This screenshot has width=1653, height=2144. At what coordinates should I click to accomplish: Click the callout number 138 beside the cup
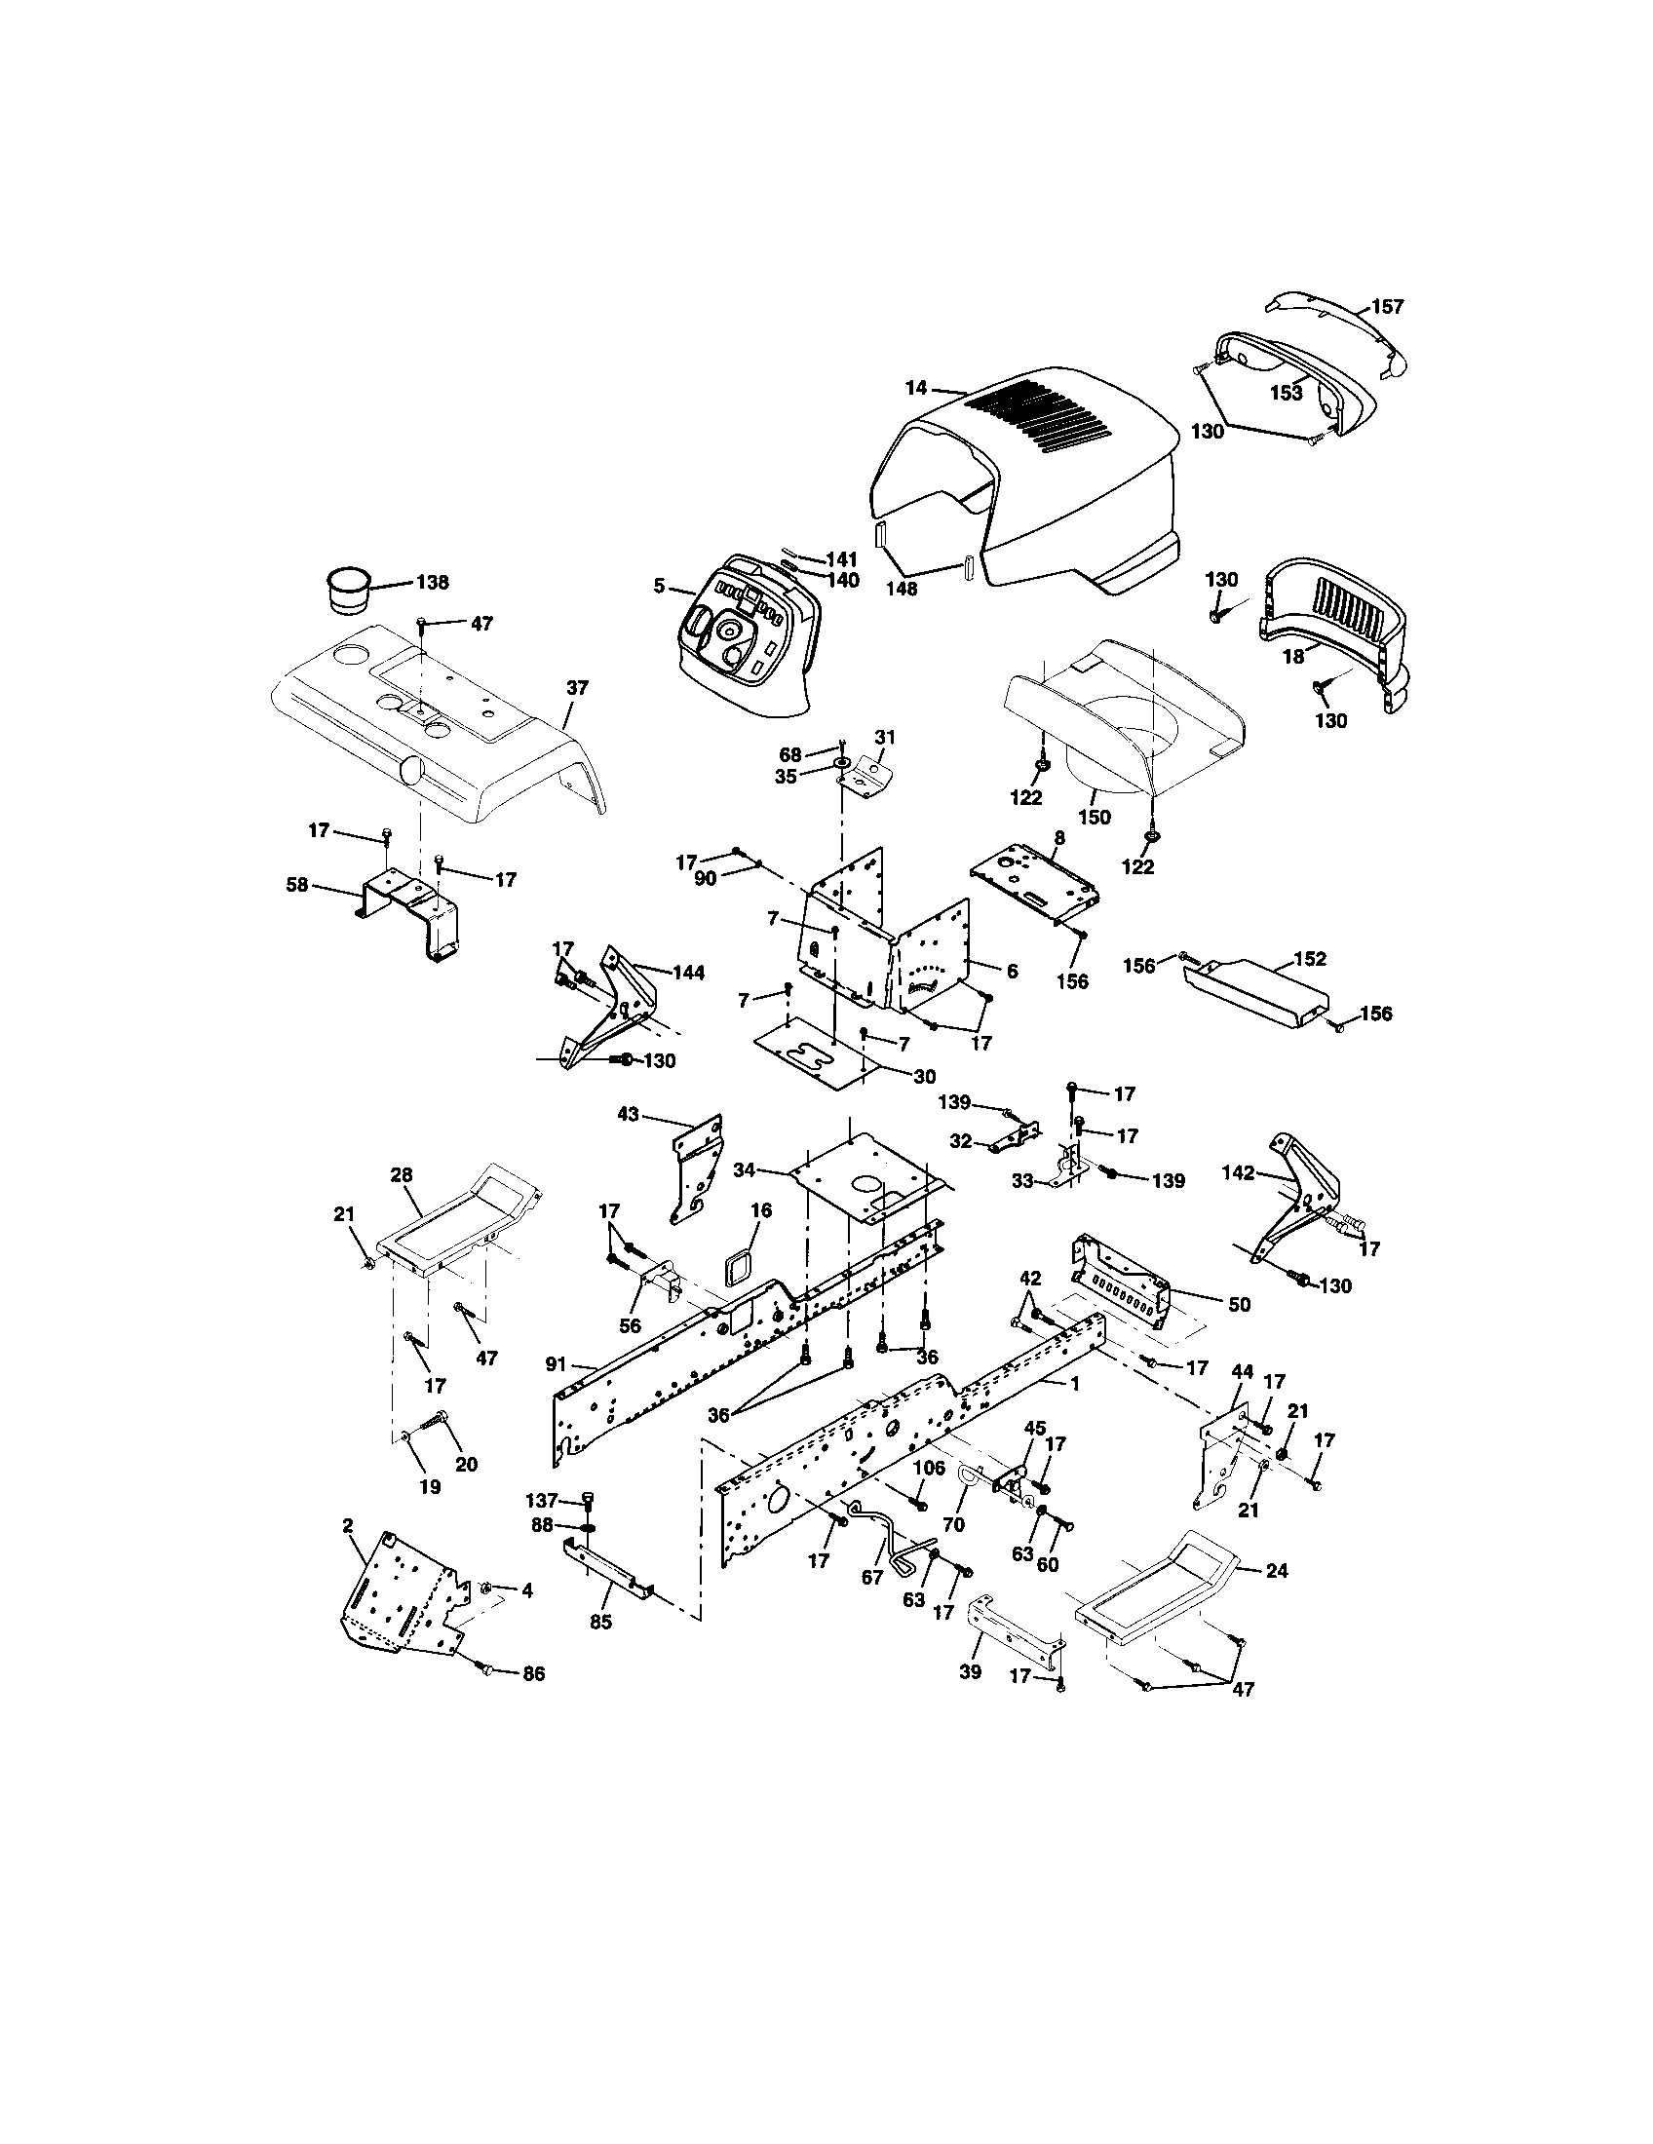(x=432, y=582)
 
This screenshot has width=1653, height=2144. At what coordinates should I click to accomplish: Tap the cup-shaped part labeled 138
(x=348, y=590)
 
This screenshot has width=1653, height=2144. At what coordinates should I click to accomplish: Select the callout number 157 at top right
(x=1387, y=306)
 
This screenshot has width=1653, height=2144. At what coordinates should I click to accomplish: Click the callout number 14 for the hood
(x=915, y=388)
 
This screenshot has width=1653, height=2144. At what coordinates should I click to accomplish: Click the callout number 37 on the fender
(x=577, y=688)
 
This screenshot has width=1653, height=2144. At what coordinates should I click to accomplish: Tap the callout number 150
(x=1094, y=817)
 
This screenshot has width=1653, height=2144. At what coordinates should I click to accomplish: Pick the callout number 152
(x=1311, y=958)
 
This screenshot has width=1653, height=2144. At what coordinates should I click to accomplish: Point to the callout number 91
(x=556, y=1362)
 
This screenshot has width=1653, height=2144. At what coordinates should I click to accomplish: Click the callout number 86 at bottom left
(x=532, y=1673)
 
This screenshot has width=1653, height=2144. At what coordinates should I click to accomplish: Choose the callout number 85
(x=600, y=1622)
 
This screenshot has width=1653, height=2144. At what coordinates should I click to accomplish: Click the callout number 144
(x=688, y=972)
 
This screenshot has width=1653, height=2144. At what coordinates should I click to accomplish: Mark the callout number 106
(x=929, y=1468)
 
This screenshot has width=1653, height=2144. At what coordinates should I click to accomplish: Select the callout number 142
(x=1239, y=1172)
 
